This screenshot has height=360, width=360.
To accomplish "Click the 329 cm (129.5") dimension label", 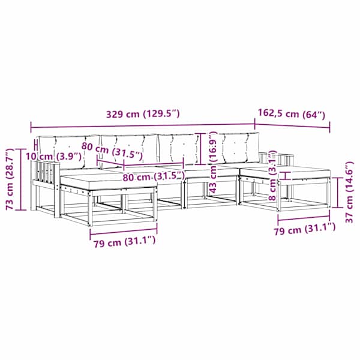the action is click(x=143, y=114).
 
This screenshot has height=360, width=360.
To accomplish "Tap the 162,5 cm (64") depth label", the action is click(x=292, y=113).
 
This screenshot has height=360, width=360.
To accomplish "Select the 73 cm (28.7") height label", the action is click(x=10, y=179).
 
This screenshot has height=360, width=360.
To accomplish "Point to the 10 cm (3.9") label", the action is click(x=53, y=157).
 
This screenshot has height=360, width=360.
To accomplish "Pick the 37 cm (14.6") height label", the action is click(x=349, y=193).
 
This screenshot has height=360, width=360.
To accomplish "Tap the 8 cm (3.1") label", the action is click(x=273, y=175).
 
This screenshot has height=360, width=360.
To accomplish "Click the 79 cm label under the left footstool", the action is click(x=124, y=242).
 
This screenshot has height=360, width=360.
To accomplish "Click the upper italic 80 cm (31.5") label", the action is click(x=112, y=151).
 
